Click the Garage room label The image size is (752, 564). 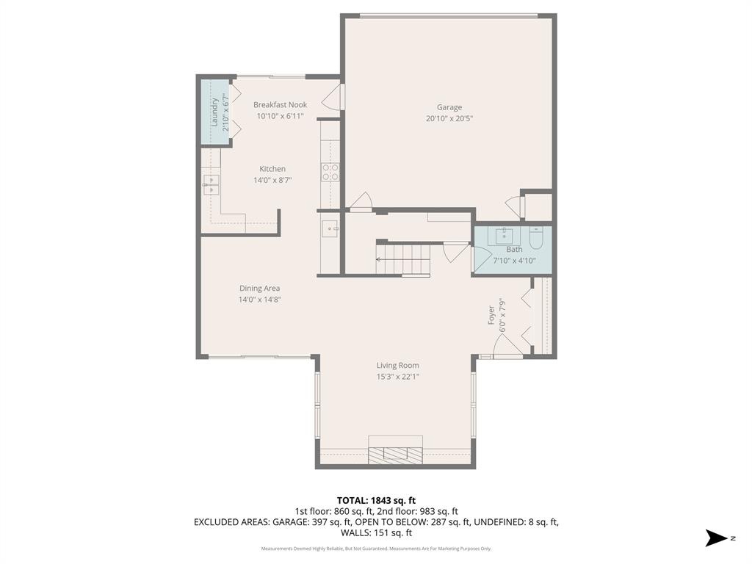449,107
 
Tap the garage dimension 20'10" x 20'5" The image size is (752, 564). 449,118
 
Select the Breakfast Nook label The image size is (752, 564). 280,105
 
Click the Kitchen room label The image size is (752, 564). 272,169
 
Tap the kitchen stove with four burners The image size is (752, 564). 330,172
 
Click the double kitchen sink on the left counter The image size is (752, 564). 211,184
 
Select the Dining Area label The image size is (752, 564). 259,289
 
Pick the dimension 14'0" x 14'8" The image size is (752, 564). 259,300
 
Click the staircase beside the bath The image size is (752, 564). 402,258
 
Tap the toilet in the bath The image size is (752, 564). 535,237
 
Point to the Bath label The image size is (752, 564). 514,250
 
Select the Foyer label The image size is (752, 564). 491,314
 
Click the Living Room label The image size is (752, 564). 397,366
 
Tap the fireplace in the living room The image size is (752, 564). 396,449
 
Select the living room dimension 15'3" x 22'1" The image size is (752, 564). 397,377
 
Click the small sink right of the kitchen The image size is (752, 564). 330,229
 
